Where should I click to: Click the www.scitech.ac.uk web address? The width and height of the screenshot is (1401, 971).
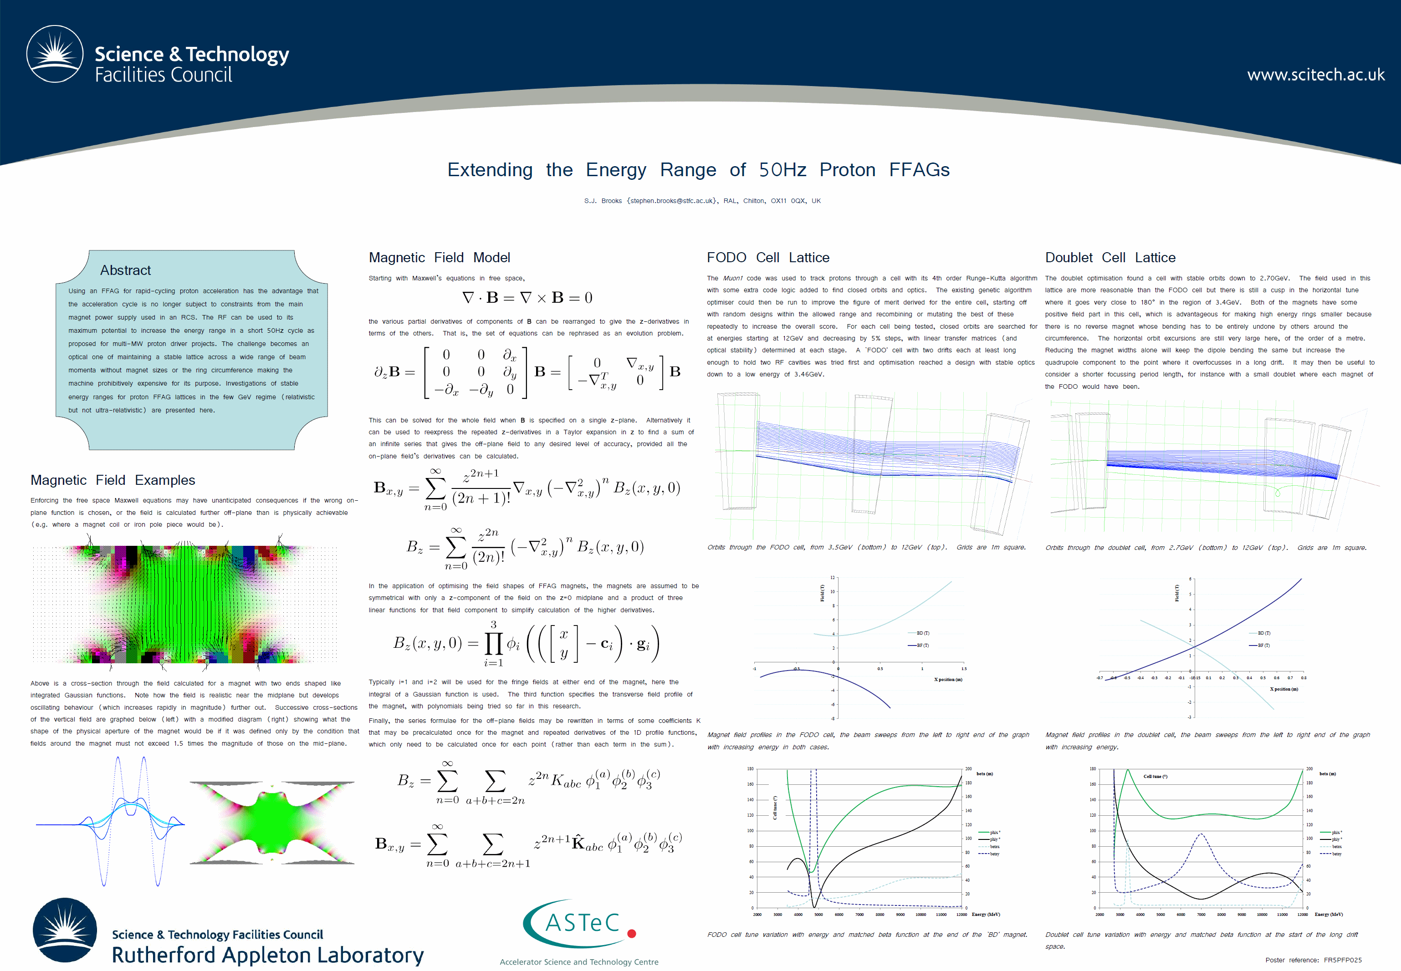(x=1315, y=75)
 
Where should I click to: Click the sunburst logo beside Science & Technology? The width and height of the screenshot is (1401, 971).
(x=55, y=54)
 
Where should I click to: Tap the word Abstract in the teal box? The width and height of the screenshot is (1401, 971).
(x=125, y=270)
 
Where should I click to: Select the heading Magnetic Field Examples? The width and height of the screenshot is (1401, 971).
(x=112, y=480)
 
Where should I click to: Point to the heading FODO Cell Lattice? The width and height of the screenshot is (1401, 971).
(x=767, y=257)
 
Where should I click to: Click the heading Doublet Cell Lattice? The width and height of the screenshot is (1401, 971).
(x=1110, y=257)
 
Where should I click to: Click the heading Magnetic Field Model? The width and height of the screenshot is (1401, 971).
(x=440, y=257)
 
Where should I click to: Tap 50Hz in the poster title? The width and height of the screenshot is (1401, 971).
(x=782, y=170)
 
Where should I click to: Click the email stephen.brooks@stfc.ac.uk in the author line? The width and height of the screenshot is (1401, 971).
(x=672, y=201)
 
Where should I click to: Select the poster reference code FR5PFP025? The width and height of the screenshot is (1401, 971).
(x=1343, y=960)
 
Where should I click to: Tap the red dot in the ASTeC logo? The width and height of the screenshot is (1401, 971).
(x=632, y=933)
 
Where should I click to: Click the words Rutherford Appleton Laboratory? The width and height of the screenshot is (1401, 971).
(x=267, y=955)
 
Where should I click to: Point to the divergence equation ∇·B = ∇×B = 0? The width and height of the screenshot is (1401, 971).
(x=527, y=298)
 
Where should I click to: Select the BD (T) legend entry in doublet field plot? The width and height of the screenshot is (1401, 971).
(x=1263, y=633)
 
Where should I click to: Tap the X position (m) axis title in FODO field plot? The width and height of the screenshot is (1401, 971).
(x=948, y=680)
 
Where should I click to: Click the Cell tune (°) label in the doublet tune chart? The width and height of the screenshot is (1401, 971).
(x=1155, y=776)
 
